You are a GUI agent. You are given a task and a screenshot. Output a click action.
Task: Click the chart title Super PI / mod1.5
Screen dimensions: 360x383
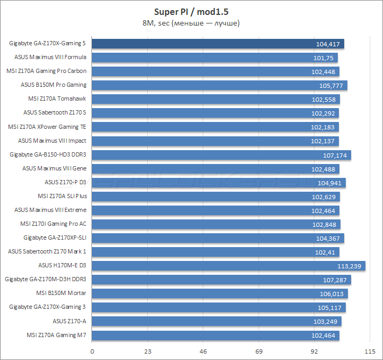tap(191, 12)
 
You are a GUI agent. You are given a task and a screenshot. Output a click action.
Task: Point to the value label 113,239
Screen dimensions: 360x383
tap(349, 265)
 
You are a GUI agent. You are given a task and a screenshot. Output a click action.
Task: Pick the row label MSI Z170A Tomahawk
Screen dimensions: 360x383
tap(57, 99)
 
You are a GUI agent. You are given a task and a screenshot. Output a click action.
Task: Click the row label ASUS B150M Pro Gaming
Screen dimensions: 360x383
tap(53, 85)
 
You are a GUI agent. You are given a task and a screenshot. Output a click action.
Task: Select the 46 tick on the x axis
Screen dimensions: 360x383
tap(203, 351)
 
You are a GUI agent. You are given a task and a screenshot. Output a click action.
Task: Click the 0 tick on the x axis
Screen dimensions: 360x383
tap(93, 351)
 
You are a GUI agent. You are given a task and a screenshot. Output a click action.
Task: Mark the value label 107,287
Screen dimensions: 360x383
tap(334, 279)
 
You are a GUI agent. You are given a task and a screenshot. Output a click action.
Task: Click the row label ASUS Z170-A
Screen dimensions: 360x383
tap(69, 321)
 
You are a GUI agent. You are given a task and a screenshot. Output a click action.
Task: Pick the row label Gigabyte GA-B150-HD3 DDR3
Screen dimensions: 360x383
tap(48, 154)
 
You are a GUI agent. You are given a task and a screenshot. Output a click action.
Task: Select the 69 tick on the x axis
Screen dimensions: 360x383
tap(259, 351)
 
